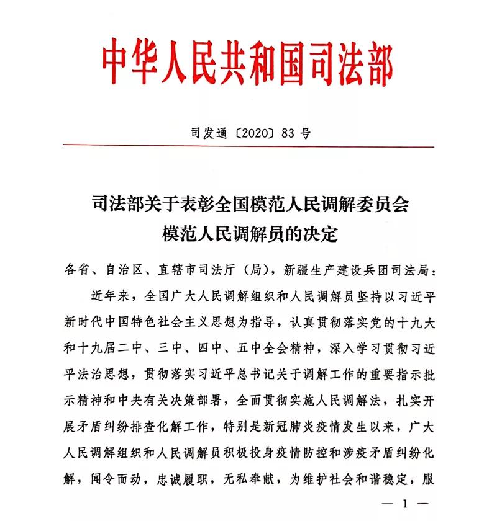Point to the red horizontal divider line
(x=248, y=147)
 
